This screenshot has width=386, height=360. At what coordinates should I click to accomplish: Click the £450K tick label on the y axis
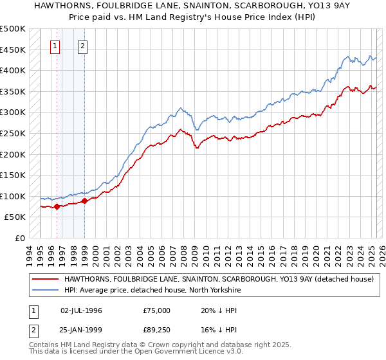[13, 50]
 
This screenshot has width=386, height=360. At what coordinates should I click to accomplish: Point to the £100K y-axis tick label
[13, 196]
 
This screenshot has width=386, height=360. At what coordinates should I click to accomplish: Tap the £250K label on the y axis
[13, 133]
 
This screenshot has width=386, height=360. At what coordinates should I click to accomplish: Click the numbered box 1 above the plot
[56, 46]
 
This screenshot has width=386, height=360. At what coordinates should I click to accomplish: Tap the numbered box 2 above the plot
[84, 46]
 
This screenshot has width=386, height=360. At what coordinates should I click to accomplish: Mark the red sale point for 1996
[57, 206]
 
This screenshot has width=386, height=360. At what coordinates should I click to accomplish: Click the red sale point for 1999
[84, 201]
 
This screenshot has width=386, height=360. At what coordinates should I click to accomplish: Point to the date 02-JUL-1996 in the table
[81, 310]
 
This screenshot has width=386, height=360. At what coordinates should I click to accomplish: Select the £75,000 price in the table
[157, 310]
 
